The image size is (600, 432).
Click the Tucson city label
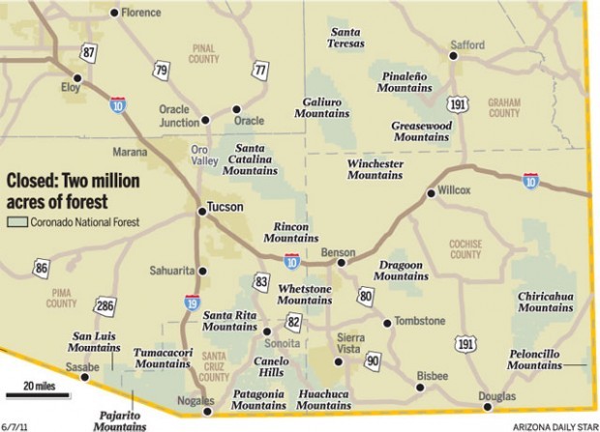[x=224, y=208]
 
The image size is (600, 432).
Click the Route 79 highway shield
[x=161, y=70]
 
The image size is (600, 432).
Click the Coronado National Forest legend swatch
[x=17, y=221]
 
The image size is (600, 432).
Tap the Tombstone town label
[x=420, y=322]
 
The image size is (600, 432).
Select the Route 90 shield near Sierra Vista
[x=374, y=361]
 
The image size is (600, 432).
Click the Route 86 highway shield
[x=41, y=268]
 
